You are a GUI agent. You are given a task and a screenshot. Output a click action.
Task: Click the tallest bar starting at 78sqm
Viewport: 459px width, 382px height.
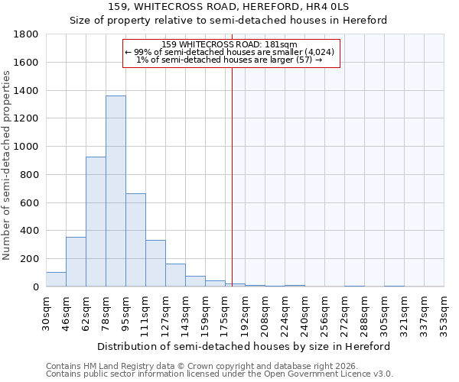[x=116, y=191]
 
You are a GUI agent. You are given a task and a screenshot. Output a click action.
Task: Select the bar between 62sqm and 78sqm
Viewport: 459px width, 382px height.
[x=96, y=222]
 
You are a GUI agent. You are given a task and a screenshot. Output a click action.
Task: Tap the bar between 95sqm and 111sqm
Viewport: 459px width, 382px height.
[x=135, y=240]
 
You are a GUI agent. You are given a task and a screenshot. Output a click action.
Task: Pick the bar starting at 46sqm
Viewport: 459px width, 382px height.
[x=76, y=262]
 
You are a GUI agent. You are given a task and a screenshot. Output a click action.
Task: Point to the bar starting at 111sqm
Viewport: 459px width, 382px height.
[x=155, y=264]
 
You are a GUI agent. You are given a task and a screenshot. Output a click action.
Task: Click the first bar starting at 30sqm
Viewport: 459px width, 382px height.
[x=56, y=280]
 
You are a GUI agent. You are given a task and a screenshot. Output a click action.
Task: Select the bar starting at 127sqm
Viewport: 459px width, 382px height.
[x=175, y=275]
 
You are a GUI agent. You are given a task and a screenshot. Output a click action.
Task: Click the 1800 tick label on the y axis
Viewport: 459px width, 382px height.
[x=28, y=34]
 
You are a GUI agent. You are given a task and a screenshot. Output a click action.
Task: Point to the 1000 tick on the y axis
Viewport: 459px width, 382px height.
[x=28, y=147]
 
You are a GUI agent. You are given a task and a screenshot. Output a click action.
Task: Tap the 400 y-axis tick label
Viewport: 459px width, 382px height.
[x=31, y=231]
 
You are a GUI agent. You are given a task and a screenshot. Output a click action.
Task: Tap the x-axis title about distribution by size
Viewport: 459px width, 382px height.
[x=243, y=346]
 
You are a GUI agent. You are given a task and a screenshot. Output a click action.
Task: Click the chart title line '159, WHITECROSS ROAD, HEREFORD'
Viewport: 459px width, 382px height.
[x=229, y=7]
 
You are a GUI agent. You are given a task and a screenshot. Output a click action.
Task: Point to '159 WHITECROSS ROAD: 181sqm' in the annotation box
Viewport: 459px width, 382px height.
[x=229, y=44]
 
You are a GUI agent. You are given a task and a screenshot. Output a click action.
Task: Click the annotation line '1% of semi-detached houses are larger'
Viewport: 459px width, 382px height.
[x=229, y=60]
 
